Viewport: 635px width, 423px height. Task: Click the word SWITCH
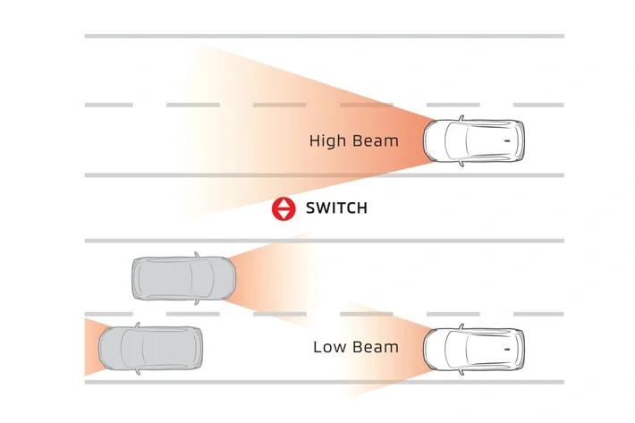(x=336, y=208)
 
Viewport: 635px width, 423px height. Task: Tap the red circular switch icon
(x=284, y=208)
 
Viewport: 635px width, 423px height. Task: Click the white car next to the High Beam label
(x=474, y=141)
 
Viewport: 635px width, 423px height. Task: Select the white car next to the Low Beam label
(x=474, y=348)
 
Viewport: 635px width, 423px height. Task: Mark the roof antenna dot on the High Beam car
(x=508, y=141)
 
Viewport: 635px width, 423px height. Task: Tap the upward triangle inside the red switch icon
(x=284, y=203)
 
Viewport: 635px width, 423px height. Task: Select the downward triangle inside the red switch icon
(x=284, y=215)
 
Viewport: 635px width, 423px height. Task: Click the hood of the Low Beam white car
(x=436, y=348)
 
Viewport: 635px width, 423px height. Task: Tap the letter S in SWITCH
(x=310, y=208)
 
